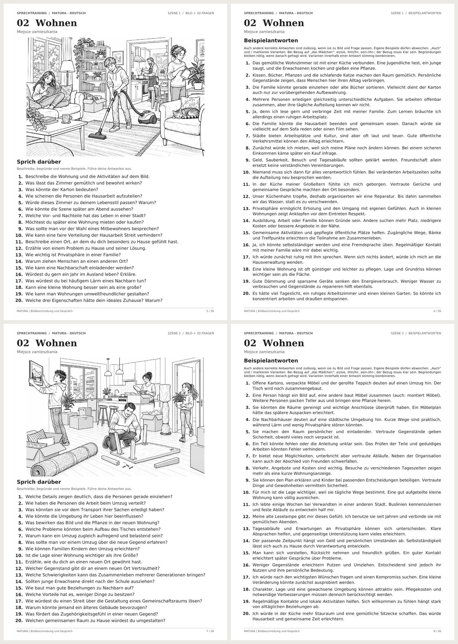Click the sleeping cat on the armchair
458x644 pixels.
pos(186,113)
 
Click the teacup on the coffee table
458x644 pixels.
pos(67,118)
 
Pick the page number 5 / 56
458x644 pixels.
pos(210,311)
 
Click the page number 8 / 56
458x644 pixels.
pos(437,631)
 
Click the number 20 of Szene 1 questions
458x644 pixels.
pos(19,301)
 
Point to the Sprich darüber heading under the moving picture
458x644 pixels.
pos(39,482)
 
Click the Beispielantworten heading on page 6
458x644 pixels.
pos(271,40)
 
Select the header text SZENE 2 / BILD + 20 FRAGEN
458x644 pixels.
pos(191,333)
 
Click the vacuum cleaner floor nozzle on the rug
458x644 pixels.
pos(96,134)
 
